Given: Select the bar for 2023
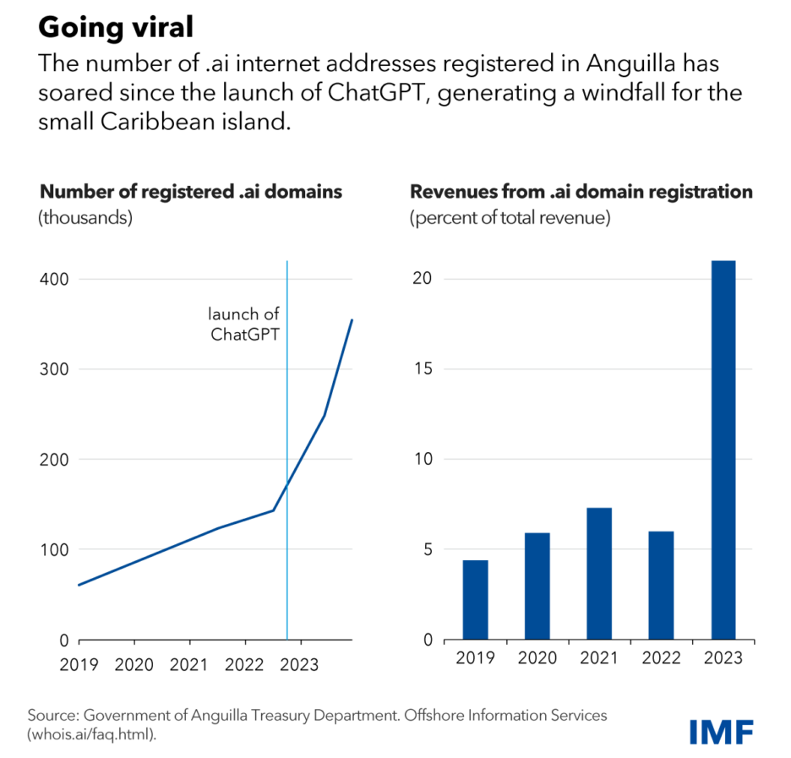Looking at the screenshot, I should click(x=723, y=450).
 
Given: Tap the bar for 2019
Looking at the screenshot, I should click(x=476, y=600).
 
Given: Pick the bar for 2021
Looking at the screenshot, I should click(x=599, y=574).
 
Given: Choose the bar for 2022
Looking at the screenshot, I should click(x=661, y=586).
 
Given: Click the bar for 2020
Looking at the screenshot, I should click(x=537, y=586).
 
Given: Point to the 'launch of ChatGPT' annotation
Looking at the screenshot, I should click(x=245, y=324).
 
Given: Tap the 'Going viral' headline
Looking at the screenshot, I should click(x=117, y=28).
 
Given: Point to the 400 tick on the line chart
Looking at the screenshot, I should click(x=52, y=279).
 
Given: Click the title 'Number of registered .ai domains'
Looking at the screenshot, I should click(x=190, y=192).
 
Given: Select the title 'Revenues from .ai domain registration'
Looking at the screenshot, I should click(x=581, y=192).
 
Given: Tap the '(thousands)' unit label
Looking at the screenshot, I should click(x=85, y=217).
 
